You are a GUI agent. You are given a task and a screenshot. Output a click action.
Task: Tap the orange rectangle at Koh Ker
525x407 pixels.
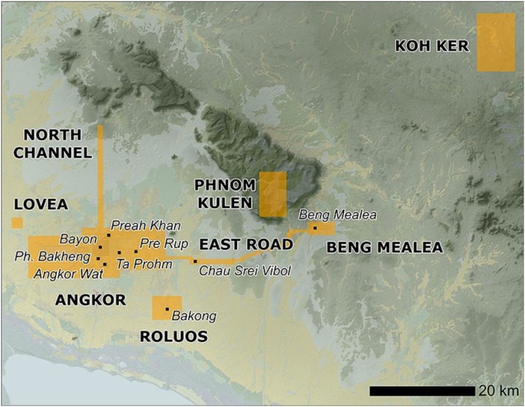pyautogui.click(x=496, y=42)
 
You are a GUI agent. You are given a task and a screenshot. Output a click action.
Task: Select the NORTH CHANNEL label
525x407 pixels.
pyautogui.click(x=57, y=144)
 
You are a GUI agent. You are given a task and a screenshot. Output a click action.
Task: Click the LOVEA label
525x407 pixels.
pyautogui.click(x=41, y=205)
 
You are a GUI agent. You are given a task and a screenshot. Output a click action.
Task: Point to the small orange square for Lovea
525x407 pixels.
pyautogui.click(x=17, y=223)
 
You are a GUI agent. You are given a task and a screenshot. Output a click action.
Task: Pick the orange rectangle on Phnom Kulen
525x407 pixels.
pyautogui.click(x=273, y=194)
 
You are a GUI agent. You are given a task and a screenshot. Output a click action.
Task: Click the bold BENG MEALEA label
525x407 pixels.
pyautogui.click(x=384, y=248)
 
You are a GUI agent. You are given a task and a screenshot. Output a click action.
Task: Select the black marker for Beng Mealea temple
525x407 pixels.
pyautogui.click(x=314, y=228)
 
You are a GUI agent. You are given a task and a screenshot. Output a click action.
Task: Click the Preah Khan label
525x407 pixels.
pyautogui.click(x=146, y=225)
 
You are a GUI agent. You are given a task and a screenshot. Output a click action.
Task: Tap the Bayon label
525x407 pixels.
pyautogui.click(x=78, y=239)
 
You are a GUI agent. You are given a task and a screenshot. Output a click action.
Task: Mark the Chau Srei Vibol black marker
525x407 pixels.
pyautogui.click(x=195, y=261)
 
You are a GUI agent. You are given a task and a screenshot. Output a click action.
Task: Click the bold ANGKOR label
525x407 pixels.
pyautogui.click(x=90, y=300)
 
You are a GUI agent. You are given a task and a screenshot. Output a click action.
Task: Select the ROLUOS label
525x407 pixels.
pyautogui.click(x=174, y=336)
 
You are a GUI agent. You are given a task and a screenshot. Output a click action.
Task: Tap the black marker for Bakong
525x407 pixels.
pyautogui.click(x=168, y=309)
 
